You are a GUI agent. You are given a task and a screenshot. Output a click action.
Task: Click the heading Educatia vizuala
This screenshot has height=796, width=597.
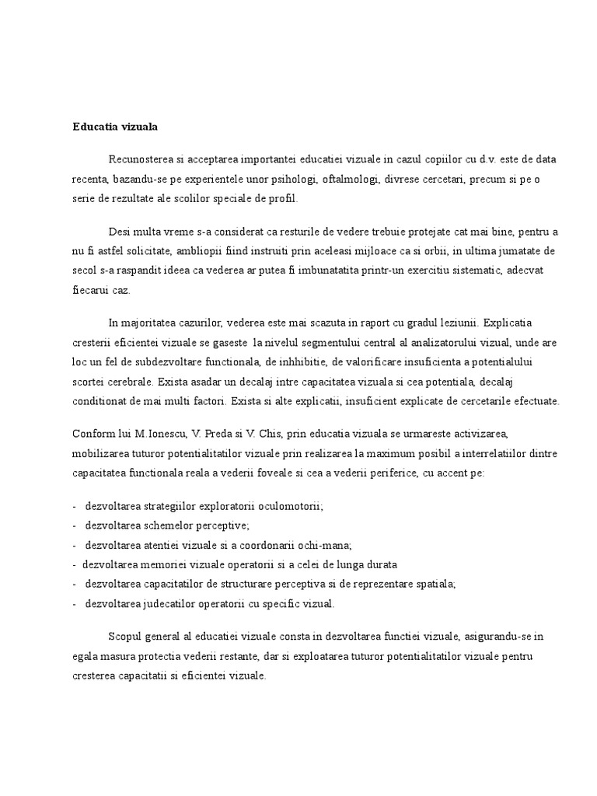(x=115, y=125)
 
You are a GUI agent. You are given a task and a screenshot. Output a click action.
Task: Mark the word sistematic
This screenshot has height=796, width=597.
(x=477, y=271)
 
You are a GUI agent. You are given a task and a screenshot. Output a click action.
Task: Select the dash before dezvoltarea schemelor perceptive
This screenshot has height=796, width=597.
(x=74, y=525)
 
